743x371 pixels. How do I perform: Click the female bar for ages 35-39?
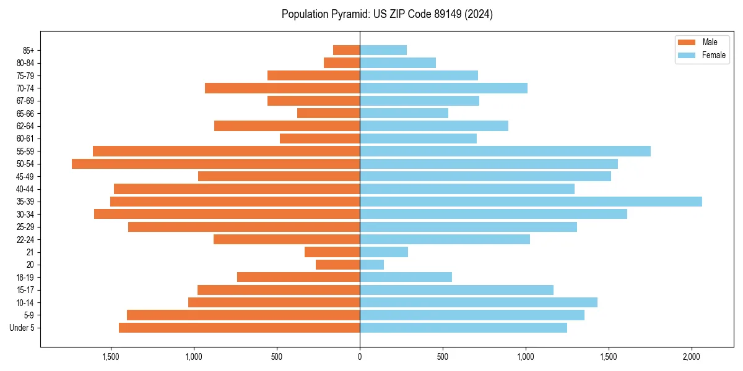pos(531,202)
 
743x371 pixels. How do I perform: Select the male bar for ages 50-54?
pos(215,164)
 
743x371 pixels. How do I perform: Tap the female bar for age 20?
pos(371,265)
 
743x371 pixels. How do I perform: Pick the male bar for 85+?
pos(346,50)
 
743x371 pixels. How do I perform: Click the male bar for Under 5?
pos(239,328)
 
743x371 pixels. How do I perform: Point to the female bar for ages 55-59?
pos(505,151)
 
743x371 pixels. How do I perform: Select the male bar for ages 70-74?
pos(282,88)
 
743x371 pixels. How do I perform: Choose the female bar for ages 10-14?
pos(479,302)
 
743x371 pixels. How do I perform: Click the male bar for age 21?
pos(332,252)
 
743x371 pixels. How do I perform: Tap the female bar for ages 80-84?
pos(398,63)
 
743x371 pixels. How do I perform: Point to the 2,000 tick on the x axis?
pos(692,357)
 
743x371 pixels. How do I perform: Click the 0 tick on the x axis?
pos(360,357)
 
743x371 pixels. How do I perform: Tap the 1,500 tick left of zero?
pos(110,357)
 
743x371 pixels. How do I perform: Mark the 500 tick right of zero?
pos(443,357)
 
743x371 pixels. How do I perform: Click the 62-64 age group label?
pos(25,126)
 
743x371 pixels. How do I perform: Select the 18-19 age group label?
pos(25,278)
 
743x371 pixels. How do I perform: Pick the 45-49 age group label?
pos(25,176)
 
